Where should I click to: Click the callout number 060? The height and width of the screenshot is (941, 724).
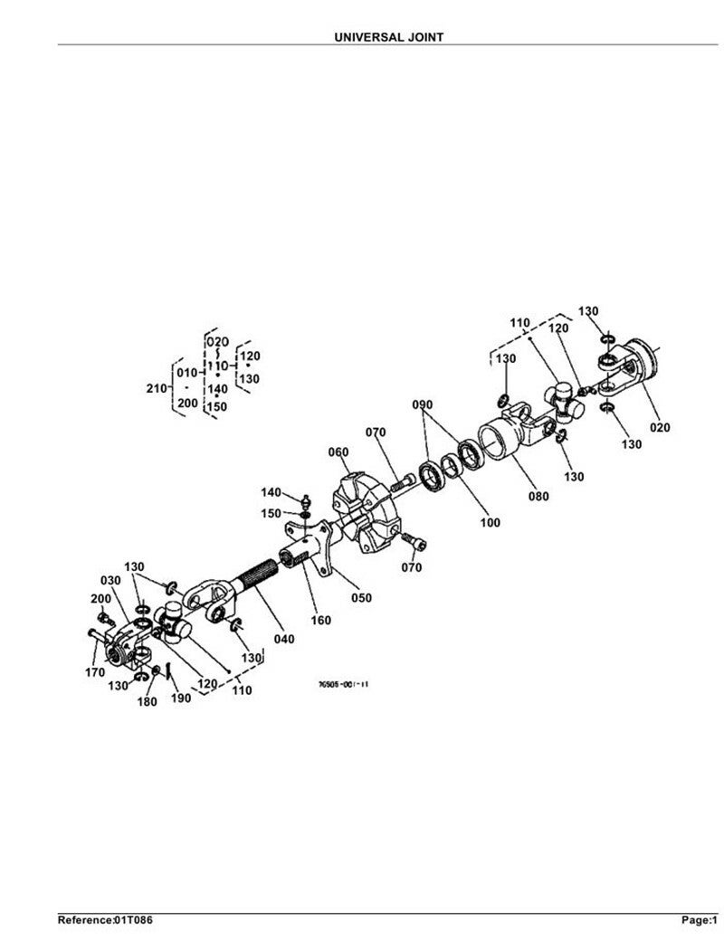pyautogui.click(x=338, y=452)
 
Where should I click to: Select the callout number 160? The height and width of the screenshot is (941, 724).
pyautogui.click(x=321, y=620)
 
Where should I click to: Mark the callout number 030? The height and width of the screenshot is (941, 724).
pyautogui.click(x=110, y=580)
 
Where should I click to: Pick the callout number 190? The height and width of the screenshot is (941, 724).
pyautogui.click(x=179, y=698)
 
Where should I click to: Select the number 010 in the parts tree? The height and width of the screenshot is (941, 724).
pyautogui.click(x=186, y=373)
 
